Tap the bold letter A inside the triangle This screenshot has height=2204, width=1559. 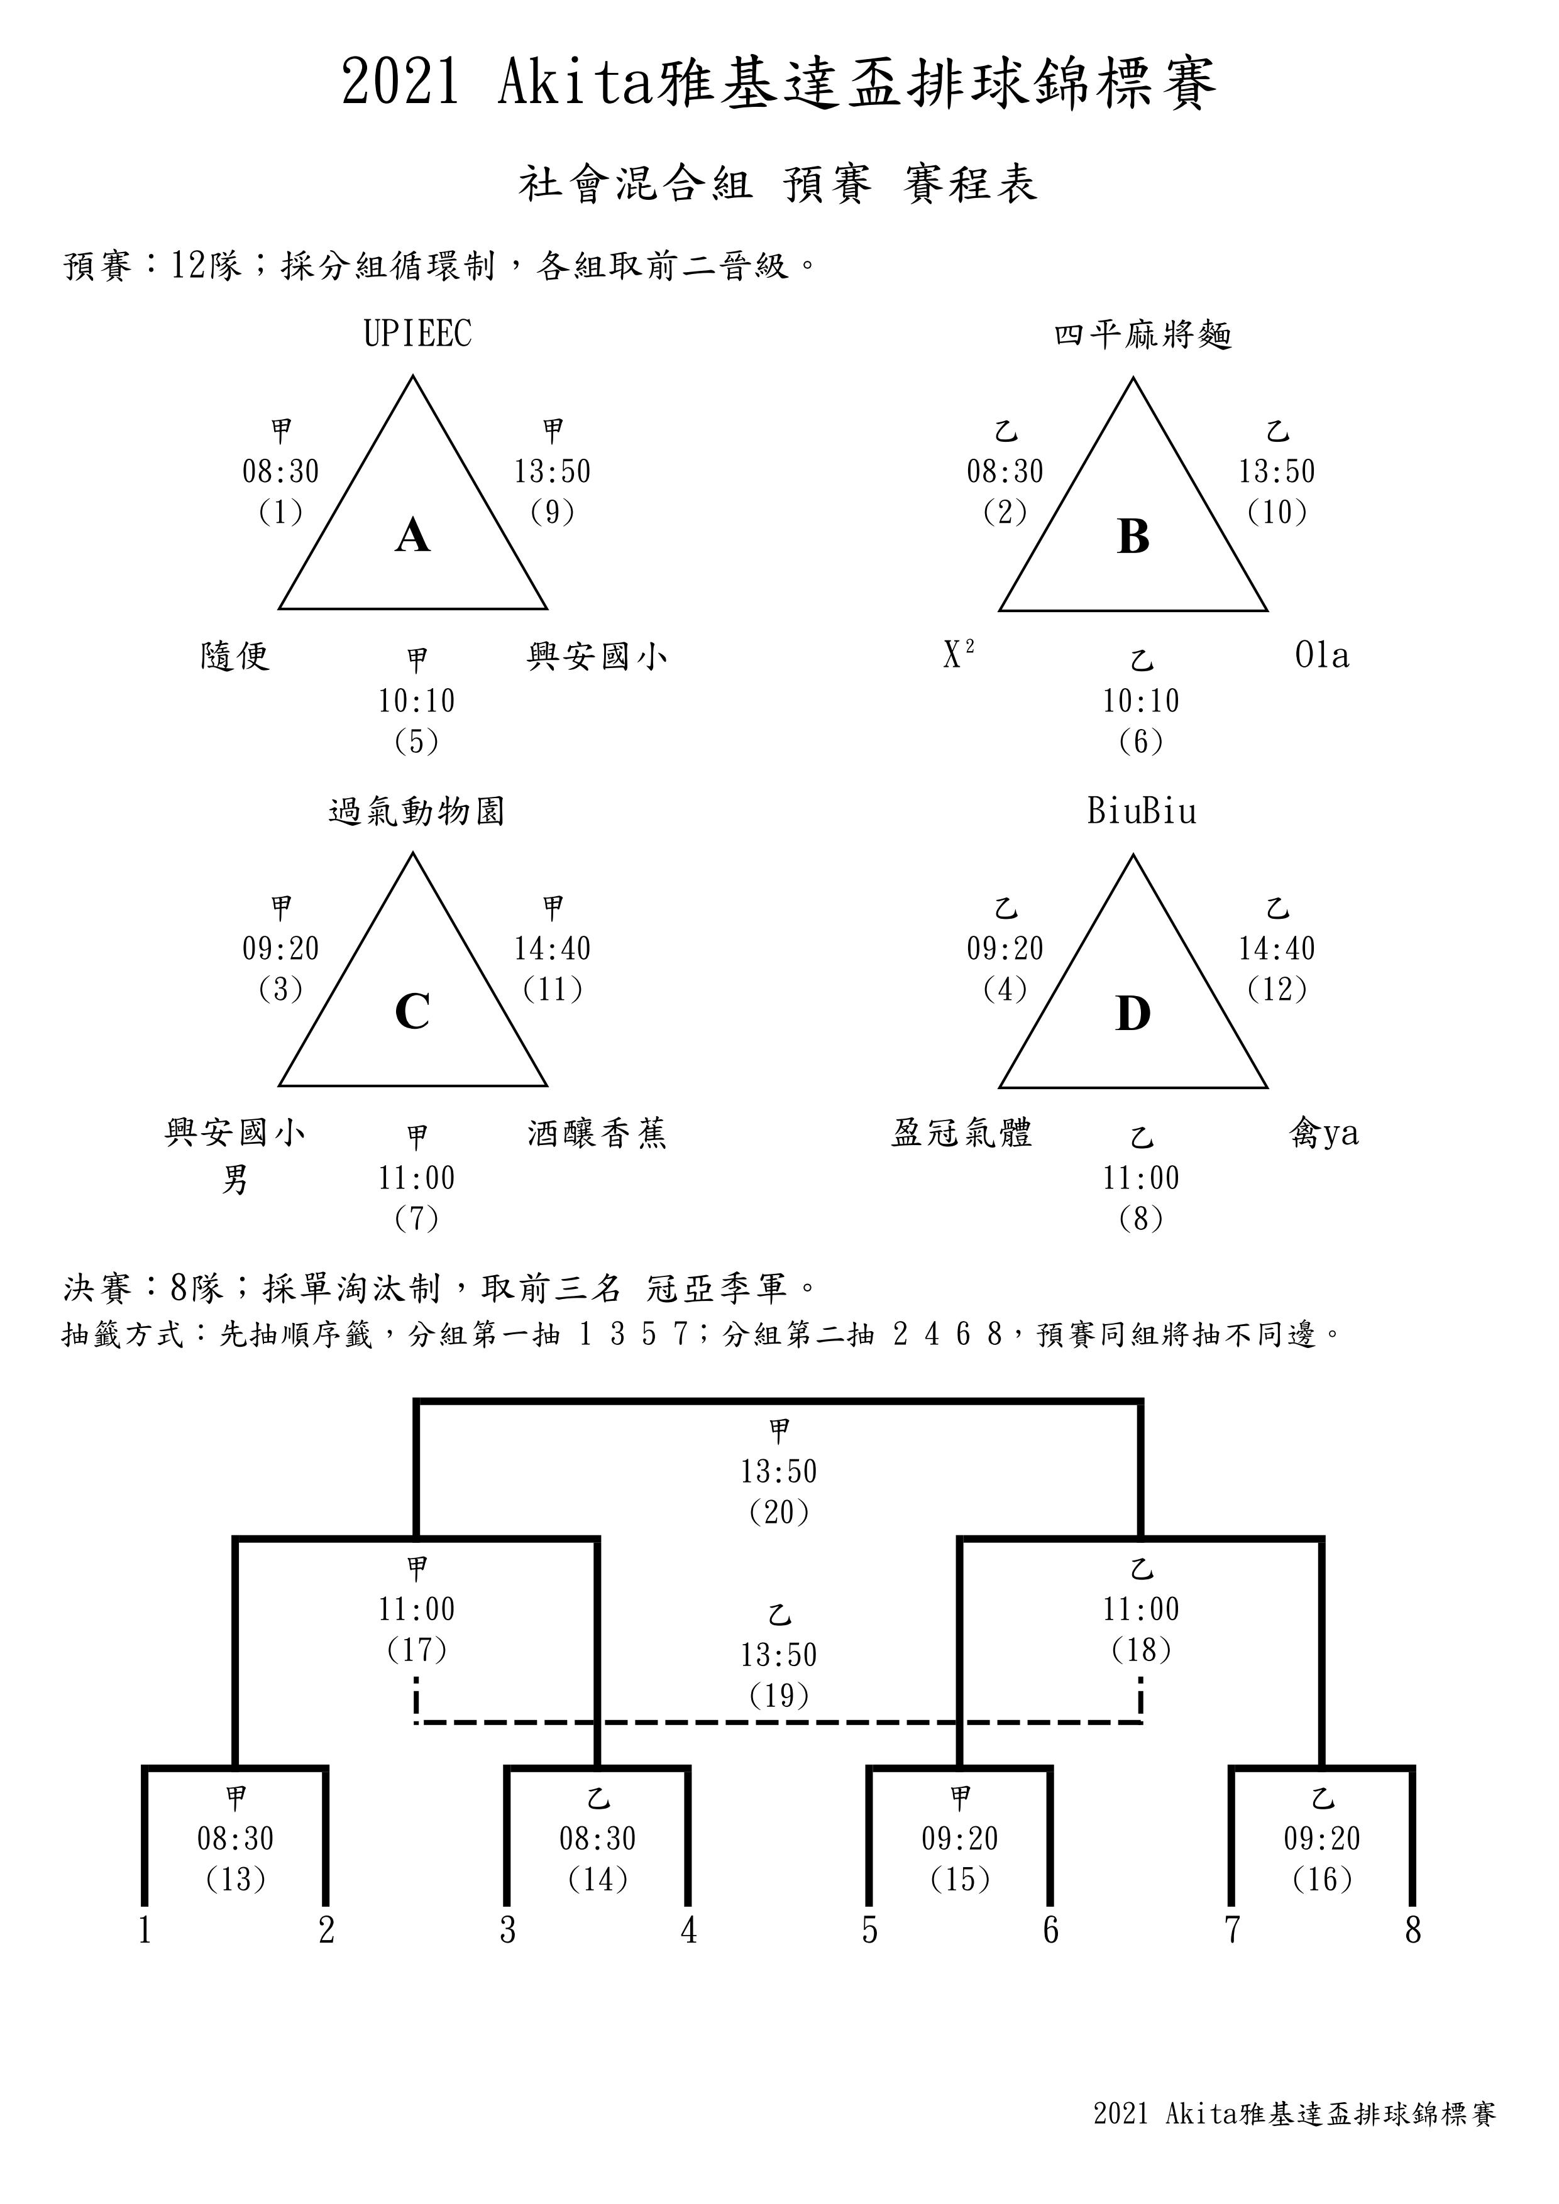click(x=413, y=535)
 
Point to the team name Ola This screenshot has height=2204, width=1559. click(x=1322, y=655)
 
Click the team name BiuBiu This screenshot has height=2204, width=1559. click(x=1142, y=812)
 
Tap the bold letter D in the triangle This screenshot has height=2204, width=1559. click(x=1133, y=1014)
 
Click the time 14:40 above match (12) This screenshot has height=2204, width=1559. click(x=1277, y=948)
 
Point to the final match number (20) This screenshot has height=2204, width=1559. click(x=779, y=1512)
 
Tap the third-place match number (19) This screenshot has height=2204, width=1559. click(x=779, y=1695)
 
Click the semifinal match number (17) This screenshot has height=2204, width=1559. click(x=417, y=1649)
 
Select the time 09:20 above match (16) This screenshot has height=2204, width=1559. click(x=1323, y=1838)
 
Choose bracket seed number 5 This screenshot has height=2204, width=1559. click(x=870, y=1931)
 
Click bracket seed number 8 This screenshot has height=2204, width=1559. click(x=1413, y=1931)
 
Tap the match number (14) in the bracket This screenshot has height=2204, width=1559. click(x=598, y=1878)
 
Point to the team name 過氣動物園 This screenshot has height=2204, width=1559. click(x=417, y=812)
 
